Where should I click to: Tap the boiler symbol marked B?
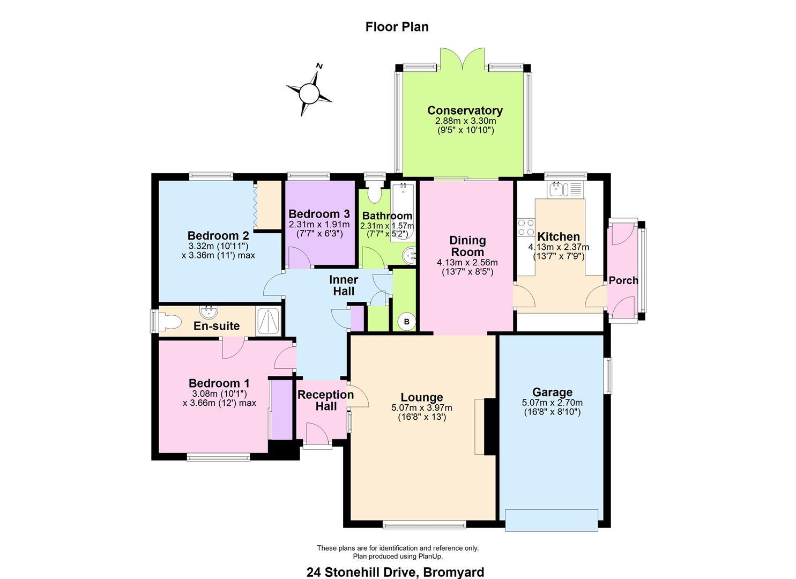click(406, 322)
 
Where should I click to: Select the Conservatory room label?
click(465, 110)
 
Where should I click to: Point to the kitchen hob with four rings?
click(525, 227)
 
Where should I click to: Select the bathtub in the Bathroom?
click(403, 211)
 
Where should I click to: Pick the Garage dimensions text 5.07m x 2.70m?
click(552, 403)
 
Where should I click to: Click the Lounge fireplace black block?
click(490, 427)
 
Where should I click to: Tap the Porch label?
click(623, 280)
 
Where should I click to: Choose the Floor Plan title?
click(397, 27)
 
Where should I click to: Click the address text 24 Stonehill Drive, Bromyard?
click(395, 572)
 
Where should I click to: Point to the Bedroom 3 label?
click(319, 214)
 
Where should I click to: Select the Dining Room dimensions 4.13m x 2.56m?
click(467, 263)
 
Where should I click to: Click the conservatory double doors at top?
click(463, 58)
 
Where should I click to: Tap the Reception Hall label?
click(325, 400)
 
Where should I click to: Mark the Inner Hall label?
click(344, 286)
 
